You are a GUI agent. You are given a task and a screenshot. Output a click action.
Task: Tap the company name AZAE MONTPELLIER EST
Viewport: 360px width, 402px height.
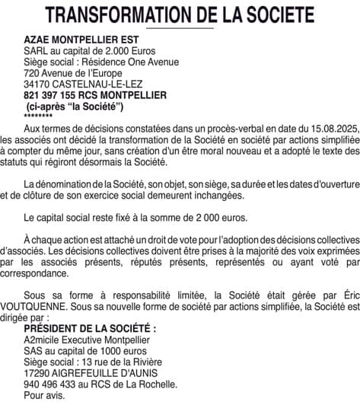(82, 40)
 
